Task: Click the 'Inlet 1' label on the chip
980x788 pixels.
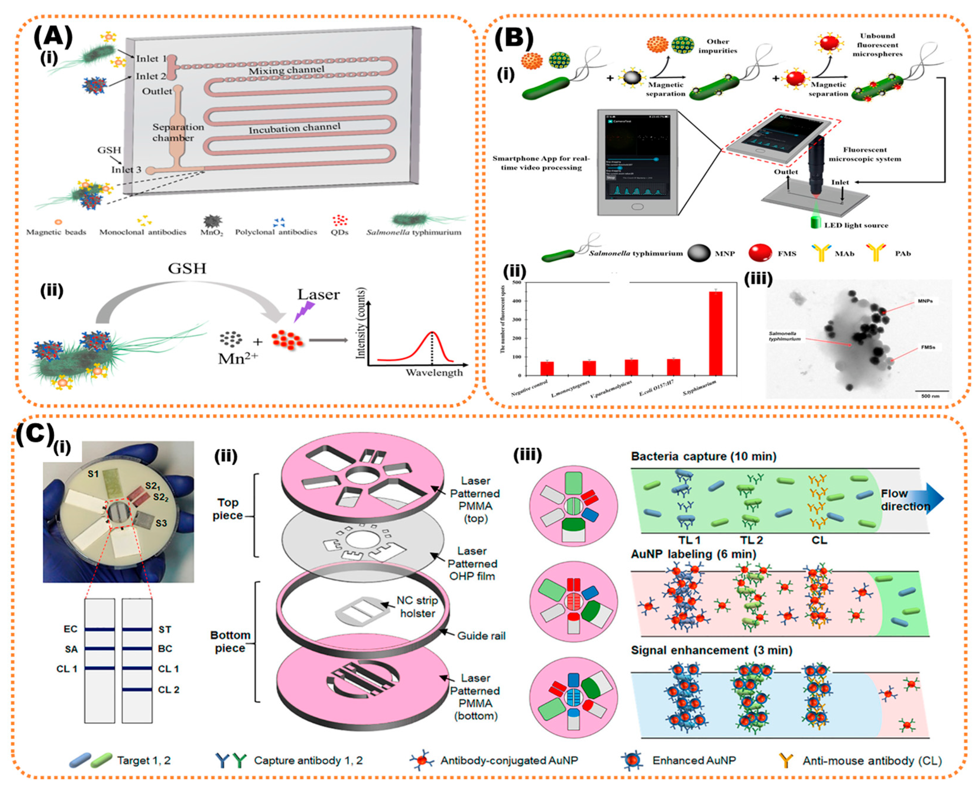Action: pos(151,58)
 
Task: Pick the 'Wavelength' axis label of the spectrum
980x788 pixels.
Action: pos(434,373)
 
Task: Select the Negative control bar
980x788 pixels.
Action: pos(547,369)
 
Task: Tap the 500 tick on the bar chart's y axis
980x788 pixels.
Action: pos(516,283)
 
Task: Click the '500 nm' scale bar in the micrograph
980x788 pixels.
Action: pos(930,393)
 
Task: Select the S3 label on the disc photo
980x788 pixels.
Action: pos(161,523)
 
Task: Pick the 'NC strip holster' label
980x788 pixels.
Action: pos(417,607)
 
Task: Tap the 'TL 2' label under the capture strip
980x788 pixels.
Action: pos(751,540)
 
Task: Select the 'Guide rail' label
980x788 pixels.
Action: pos(481,636)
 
